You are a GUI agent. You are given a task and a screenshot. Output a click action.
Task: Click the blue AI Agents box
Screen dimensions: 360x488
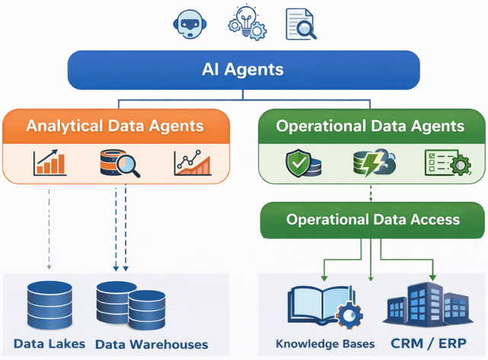(244, 70)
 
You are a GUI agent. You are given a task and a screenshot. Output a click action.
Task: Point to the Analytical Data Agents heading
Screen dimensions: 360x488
(115, 126)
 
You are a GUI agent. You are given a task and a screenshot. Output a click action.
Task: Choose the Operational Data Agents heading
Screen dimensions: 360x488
(370, 126)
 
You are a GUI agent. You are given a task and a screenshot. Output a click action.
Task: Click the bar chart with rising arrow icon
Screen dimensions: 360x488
(50, 163)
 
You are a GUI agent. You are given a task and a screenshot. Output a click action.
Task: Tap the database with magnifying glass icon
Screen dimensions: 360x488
(120, 163)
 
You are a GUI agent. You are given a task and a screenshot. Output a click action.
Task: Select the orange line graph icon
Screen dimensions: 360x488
(192, 163)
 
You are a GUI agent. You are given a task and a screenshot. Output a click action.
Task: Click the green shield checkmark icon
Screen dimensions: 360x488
(298, 164)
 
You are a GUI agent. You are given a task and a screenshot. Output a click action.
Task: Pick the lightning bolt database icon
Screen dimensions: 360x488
(372, 164)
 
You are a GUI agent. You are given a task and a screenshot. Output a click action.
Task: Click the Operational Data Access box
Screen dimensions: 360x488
(372, 220)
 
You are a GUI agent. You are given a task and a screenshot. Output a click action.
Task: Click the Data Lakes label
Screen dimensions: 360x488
(49, 344)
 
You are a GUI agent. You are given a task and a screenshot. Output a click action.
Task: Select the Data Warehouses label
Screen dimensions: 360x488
(152, 345)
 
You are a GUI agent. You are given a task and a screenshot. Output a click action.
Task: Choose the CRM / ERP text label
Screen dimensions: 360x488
(428, 343)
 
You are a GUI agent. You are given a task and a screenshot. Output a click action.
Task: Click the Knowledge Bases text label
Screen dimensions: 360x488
(325, 344)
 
